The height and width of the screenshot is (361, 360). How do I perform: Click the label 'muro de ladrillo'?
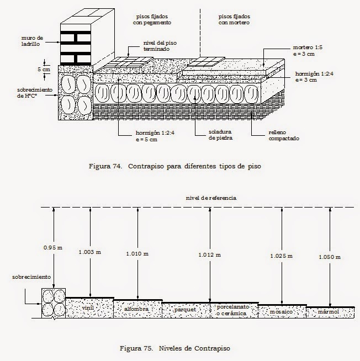tap(32, 41)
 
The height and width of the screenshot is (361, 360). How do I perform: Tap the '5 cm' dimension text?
tap(44, 69)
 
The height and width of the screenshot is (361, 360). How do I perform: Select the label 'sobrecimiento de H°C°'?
tap(35, 93)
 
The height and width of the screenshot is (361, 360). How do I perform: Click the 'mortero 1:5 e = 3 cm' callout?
tap(308, 51)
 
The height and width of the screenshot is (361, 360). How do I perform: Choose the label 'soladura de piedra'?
tap(220, 135)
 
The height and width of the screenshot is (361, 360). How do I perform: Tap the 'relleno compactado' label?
tap(284, 135)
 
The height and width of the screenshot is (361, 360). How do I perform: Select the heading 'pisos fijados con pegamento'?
tap(152, 19)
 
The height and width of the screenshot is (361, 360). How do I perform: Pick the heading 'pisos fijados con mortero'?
tap(234, 19)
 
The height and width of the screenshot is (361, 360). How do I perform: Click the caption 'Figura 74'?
tap(105, 166)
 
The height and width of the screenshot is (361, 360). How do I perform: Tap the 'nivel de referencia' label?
tap(211, 198)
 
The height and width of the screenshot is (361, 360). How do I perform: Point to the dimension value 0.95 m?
tap(53, 248)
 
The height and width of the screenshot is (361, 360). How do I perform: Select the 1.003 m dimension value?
tap(90, 252)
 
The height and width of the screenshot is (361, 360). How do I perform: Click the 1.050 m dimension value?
tap(330, 257)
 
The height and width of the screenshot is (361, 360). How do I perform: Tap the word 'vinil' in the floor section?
tap(88, 308)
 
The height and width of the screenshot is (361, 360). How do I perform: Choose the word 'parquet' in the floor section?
tap(185, 310)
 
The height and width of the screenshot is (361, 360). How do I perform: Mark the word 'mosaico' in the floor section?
tap(281, 312)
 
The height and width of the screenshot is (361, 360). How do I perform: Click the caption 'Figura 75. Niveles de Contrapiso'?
tap(175, 348)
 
